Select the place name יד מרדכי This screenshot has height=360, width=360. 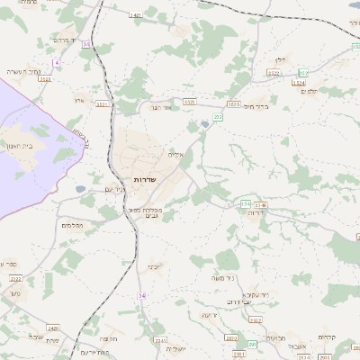[x=67, y=40]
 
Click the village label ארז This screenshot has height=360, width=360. [x=79, y=101]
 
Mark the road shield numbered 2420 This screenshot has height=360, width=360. [x=54, y=328]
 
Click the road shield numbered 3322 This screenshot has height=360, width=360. [x=274, y=73]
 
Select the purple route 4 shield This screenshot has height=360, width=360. [x=56, y=62]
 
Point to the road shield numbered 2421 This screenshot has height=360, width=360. [x=135, y=15]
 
